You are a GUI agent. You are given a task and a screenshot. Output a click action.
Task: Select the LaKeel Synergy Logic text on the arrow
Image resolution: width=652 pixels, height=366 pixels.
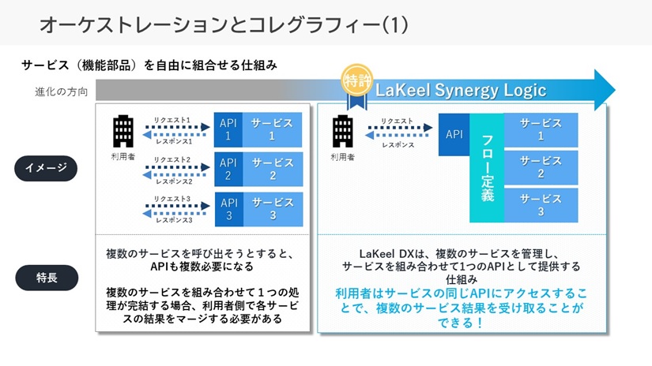(x=462, y=90)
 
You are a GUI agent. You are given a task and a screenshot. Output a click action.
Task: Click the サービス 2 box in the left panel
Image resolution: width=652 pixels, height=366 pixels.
(x=271, y=169)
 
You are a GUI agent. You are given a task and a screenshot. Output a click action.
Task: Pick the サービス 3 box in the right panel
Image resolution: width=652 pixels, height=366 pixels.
(x=541, y=205)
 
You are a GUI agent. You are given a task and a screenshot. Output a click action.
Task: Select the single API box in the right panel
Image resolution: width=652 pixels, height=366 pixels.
(x=454, y=134)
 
